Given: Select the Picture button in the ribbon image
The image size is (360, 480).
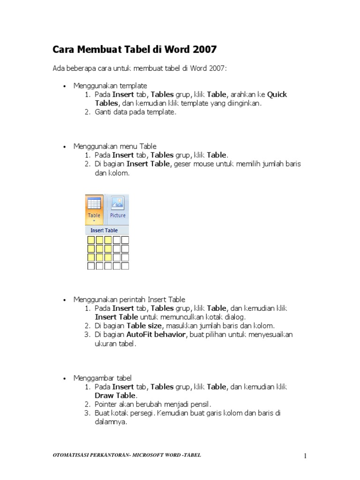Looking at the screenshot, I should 118,207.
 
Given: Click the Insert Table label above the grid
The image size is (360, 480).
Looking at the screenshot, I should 104,231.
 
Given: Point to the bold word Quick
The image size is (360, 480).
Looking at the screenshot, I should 277,94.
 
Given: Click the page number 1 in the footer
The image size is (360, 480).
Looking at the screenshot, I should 305,456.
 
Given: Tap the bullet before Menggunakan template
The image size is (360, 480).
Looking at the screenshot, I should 64,86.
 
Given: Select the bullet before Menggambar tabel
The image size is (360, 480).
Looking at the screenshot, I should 64,378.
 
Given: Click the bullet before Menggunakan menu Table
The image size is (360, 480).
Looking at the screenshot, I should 64,147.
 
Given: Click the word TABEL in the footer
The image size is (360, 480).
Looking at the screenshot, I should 192,455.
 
